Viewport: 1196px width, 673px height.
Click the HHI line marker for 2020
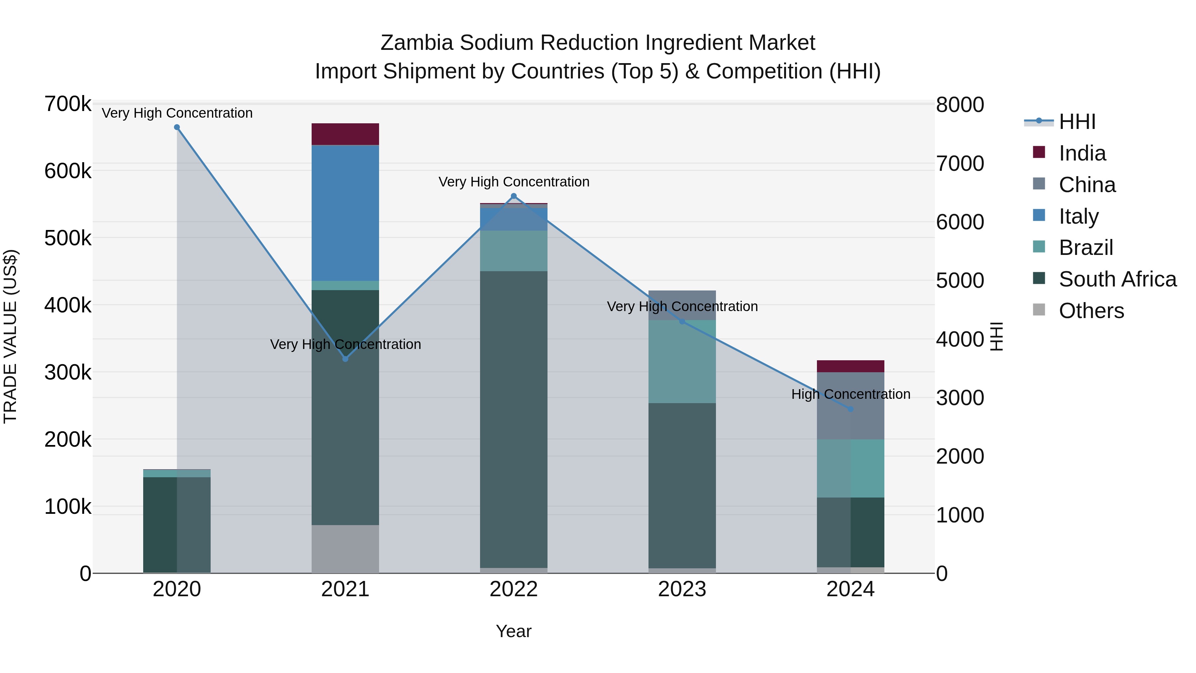(177, 127)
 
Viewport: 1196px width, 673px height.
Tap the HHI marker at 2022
(514, 196)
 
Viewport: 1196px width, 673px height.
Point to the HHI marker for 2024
(850, 409)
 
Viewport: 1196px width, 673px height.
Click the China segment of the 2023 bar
(682, 299)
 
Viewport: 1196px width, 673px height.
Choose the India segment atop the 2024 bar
(850, 366)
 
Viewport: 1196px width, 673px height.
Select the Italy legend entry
(1078, 216)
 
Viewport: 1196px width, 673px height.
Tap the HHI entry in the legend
(1077, 122)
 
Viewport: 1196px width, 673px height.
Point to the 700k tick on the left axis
(68, 104)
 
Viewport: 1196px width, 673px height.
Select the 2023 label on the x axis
(682, 589)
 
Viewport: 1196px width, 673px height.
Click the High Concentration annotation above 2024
(850, 394)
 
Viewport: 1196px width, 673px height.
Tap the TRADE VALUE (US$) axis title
(11, 336)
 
